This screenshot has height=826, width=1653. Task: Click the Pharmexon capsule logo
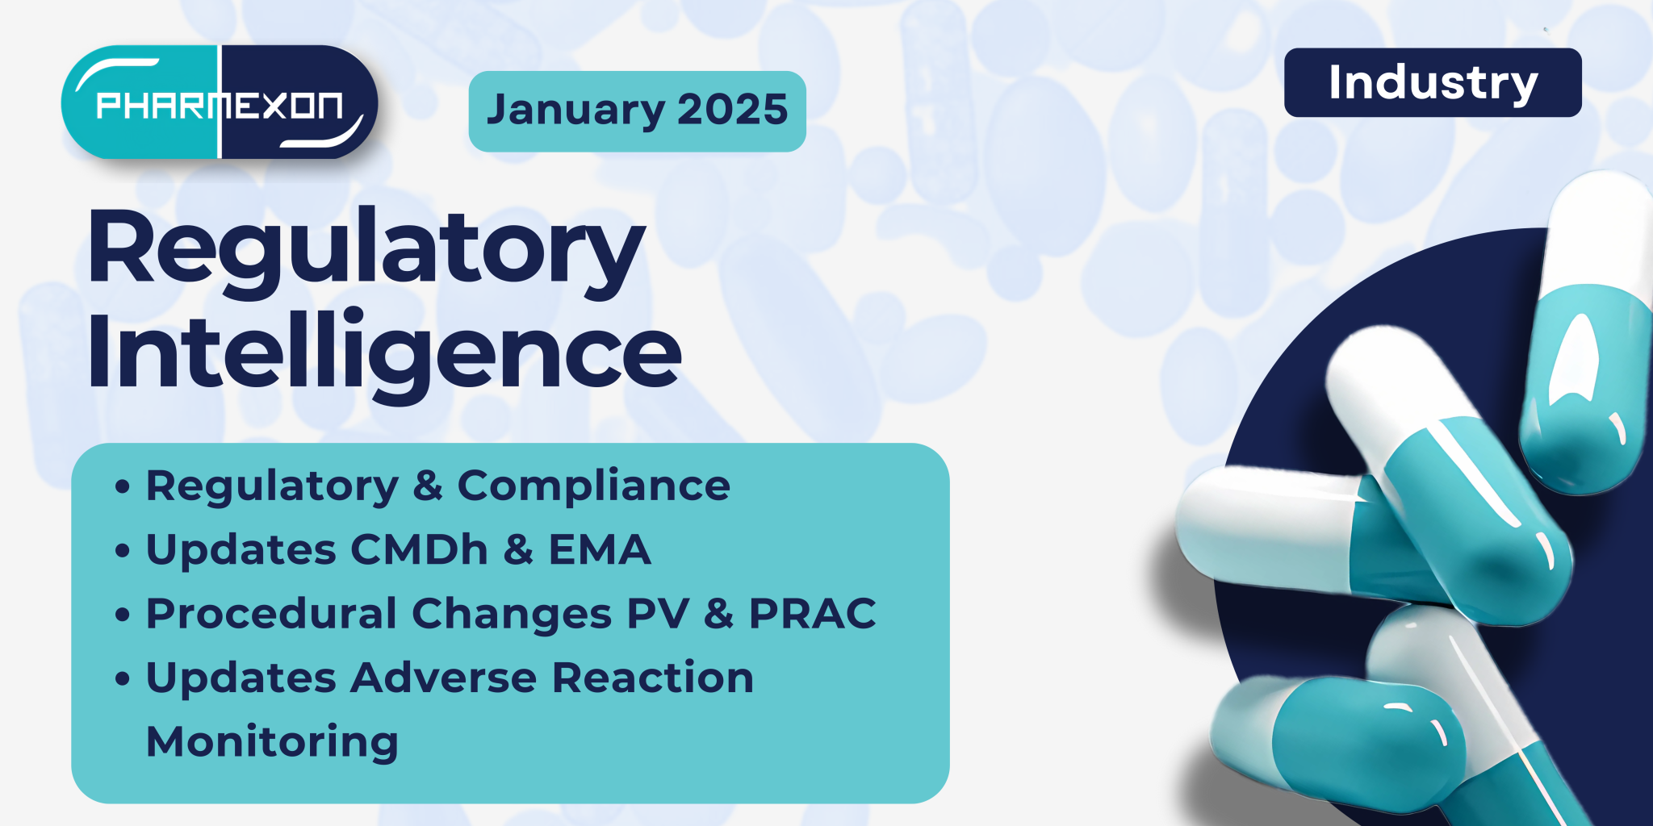point(219,102)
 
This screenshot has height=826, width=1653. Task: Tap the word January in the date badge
point(575,111)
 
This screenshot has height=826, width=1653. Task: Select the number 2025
point(732,111)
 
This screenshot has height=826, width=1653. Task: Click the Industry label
point(1433,83)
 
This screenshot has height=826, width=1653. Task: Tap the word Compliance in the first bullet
point(593,486)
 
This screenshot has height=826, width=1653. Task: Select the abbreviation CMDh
point(420,550)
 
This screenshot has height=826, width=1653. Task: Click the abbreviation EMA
point(600,550)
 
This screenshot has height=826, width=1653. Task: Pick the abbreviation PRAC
point(812,614)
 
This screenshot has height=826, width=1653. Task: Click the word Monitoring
point(272,741)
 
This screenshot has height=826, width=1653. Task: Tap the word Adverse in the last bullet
point(443,678)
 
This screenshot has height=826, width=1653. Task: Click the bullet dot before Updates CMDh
point(123,552)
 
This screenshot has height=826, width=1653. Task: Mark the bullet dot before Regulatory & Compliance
point(123,487)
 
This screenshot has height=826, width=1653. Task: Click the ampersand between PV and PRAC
point(718,614)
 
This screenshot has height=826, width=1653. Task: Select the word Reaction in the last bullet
point(653,678)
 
